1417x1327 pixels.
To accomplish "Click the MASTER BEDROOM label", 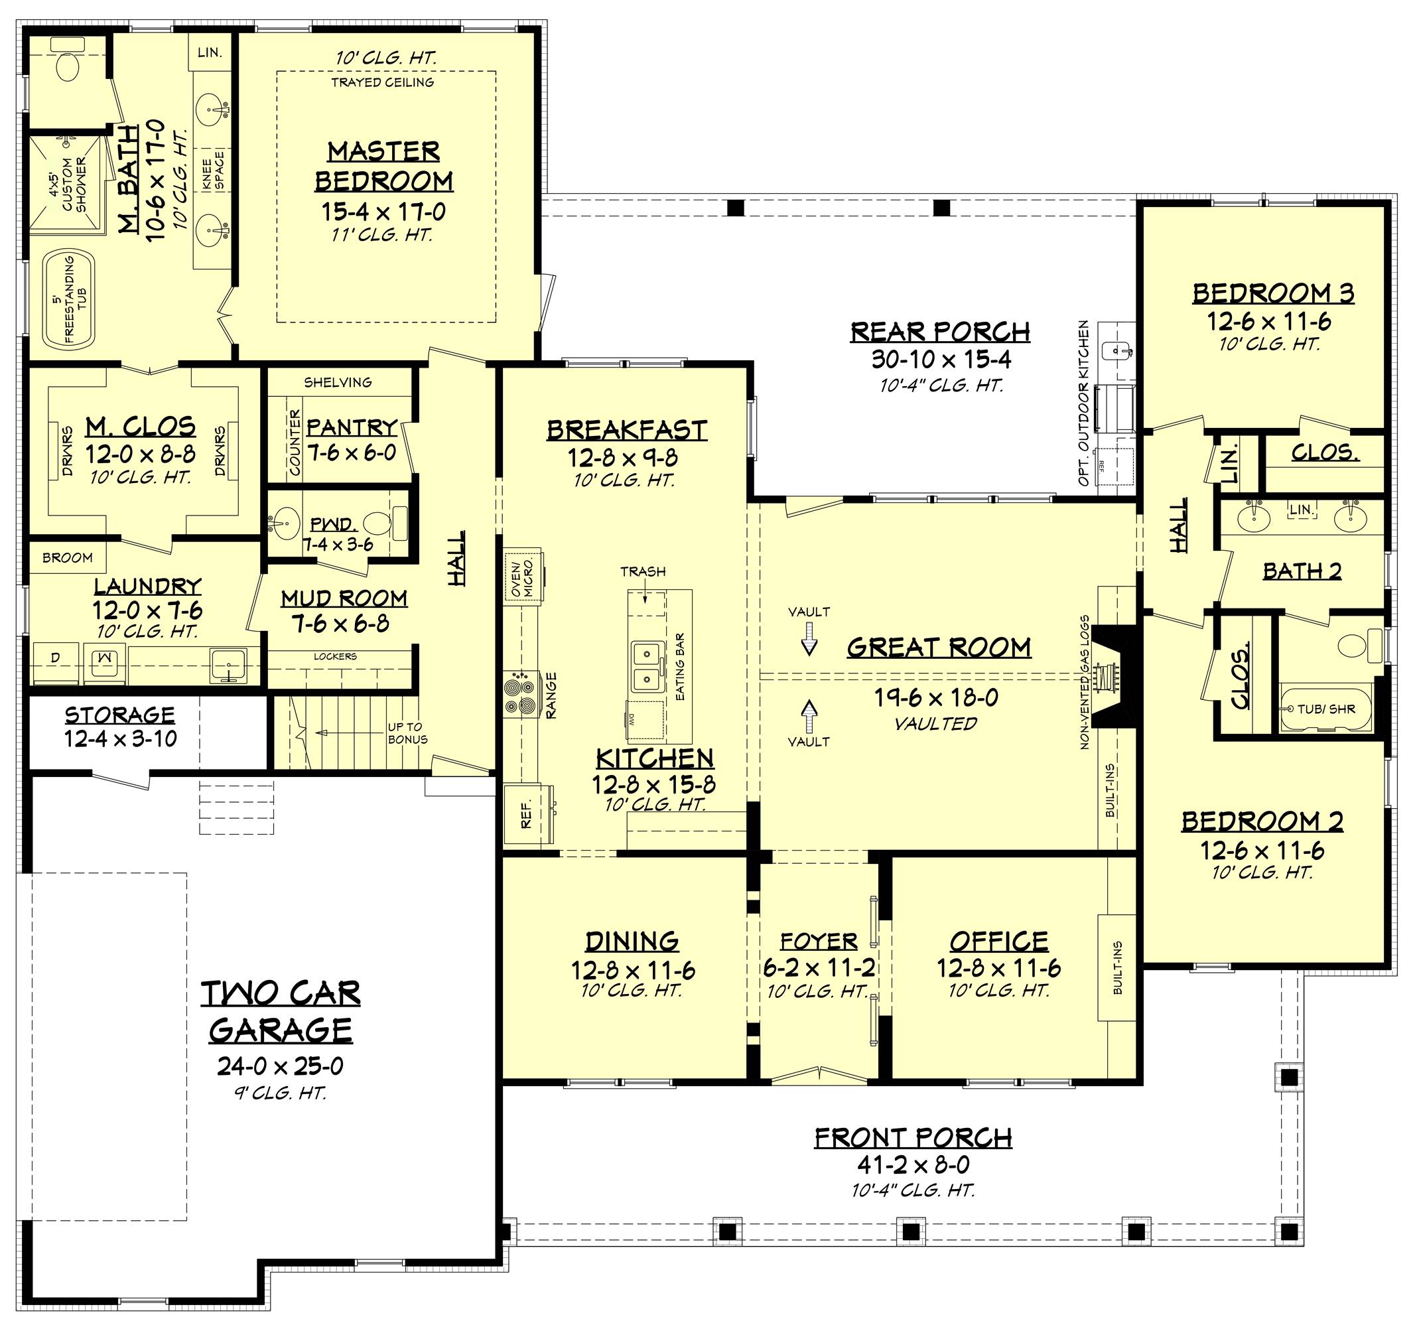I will [383, 166].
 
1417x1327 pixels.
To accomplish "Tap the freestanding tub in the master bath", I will [68, 299].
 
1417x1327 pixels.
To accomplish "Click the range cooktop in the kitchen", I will [521, 693].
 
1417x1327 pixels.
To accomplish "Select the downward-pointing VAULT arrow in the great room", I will [809, 638].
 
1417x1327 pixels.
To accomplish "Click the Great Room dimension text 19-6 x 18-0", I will [937, 697].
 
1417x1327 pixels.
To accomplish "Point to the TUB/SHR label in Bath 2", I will [1325, 709].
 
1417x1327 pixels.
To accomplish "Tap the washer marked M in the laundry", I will [104, 658].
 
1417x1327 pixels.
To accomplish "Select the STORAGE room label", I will [120, 715].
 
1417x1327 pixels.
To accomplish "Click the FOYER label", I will [818, 942].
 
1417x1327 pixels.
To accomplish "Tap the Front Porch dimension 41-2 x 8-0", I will [913, 1164].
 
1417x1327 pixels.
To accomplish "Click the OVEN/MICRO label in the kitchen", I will [524, 577].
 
